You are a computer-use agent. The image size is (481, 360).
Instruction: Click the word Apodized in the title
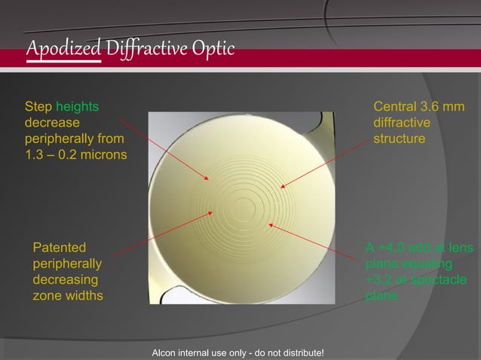(x=63, y=48)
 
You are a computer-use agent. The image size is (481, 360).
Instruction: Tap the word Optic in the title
(x=216, y=48)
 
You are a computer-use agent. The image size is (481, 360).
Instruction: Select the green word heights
(x=78, y=107)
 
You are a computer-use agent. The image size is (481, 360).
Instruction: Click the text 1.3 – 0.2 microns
(x=75, y=155)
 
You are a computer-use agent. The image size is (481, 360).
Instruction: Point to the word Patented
(x=60, y=247)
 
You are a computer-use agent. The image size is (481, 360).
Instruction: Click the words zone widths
(x=68, y=295)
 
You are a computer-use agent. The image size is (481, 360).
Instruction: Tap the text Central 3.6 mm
(x=419, y=107)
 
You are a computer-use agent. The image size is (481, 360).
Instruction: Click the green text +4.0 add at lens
(x=419, y=248)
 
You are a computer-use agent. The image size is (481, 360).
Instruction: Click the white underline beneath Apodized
(x=63, y=61)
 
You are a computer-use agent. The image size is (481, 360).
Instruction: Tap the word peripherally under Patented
(x=69, y=264)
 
